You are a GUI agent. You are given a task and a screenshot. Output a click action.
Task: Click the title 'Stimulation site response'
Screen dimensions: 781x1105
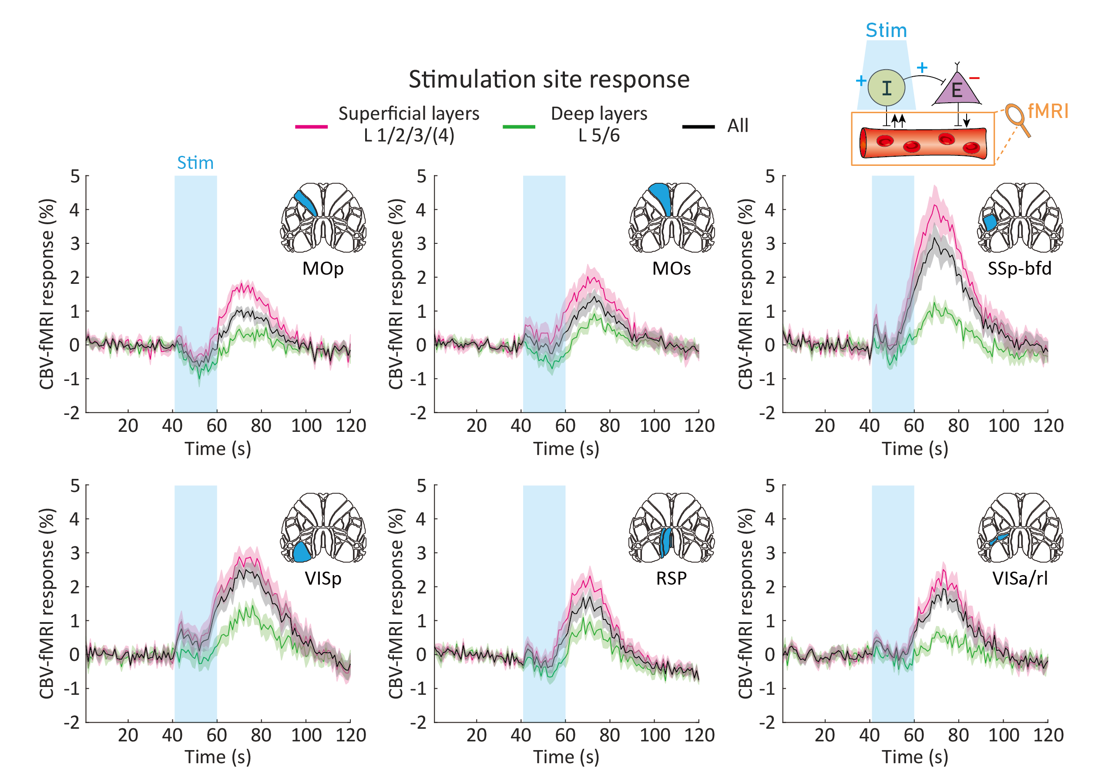click(549, 79)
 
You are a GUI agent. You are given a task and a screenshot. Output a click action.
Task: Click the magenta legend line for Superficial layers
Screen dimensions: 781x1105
click(311, 127)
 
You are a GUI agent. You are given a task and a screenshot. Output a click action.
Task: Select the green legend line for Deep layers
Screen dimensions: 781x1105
click(519, 127)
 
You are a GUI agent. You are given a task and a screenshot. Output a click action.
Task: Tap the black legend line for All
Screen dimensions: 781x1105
click(699, 127)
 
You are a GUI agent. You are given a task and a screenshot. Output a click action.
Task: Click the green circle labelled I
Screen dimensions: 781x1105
click(886, 88)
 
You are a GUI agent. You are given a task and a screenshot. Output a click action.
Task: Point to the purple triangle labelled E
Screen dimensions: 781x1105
click(957, 90)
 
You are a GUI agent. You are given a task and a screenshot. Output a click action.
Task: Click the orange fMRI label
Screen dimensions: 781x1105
click(1048, 112)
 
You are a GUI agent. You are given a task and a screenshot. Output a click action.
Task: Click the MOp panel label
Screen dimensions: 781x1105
click(323, 268)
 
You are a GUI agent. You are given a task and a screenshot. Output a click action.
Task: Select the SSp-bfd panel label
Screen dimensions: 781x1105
click(1019, 268)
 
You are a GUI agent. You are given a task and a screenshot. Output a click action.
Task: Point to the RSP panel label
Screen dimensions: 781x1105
click(672, 578)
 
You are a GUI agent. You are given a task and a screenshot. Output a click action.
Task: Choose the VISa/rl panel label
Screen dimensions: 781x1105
click(1020, 578)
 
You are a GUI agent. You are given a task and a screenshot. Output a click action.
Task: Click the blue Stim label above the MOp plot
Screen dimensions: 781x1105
click(195, 163)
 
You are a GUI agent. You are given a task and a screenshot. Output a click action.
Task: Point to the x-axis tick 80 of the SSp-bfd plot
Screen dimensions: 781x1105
click(958, 426)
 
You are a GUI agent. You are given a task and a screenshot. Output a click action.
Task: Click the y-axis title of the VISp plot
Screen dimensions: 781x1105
click(47, 604)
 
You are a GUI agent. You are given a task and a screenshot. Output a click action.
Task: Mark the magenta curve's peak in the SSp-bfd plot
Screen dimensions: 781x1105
click(935, 205)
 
